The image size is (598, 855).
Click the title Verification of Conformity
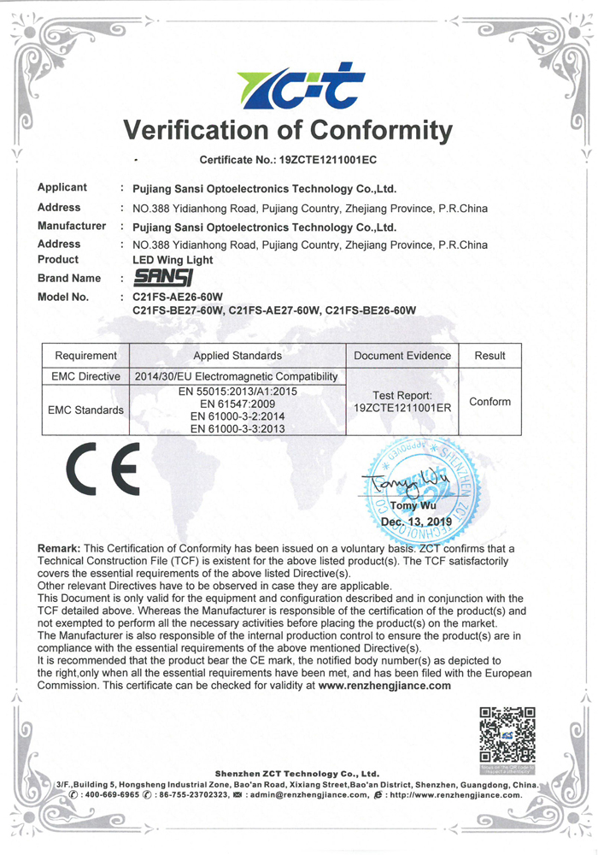(x=289, y=131)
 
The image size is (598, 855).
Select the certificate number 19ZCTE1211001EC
(x=328, y=160)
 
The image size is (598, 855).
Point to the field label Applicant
(x=62, y=188)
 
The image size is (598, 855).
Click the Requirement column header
(x=85, y=356)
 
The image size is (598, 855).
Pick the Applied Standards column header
(x=237, y=356)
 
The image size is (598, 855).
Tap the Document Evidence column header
(x=402, y=356)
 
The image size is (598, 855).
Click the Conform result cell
(x=490, y=401)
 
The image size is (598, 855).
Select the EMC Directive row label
(x=85, y=376)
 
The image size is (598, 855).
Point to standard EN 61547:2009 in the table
(x=237, y=404)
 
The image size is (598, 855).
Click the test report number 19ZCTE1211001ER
(x=402, y=409)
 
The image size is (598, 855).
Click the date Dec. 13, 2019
(x=416, y=521)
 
